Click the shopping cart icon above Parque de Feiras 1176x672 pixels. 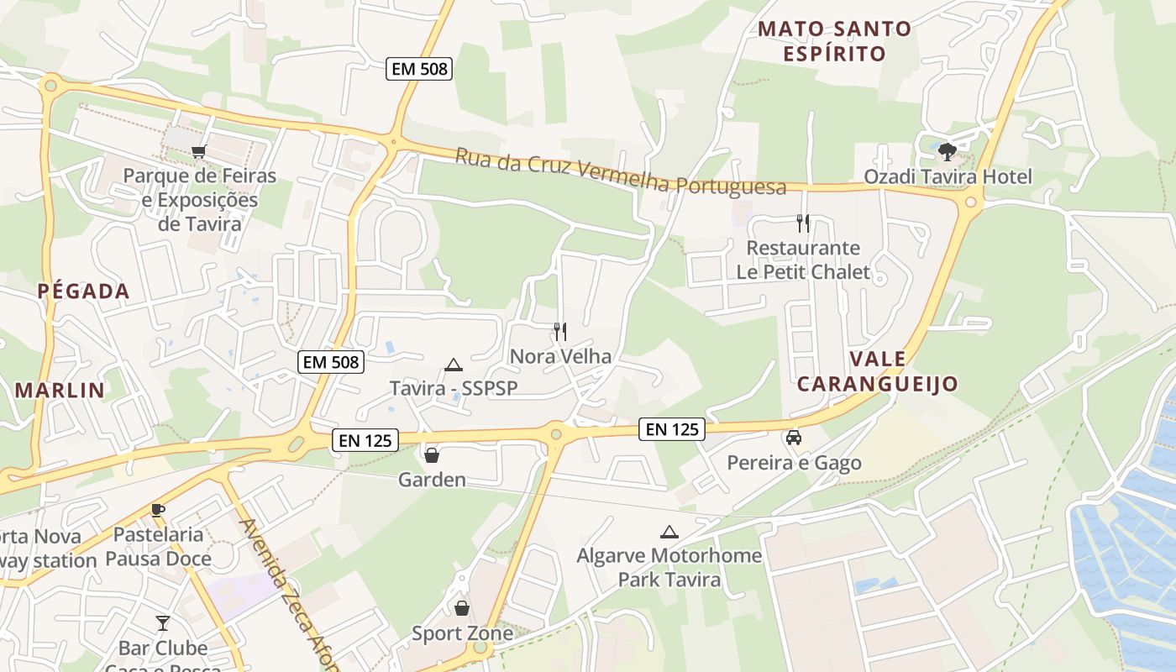click(198, 152)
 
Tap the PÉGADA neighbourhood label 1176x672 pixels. click(83, 291)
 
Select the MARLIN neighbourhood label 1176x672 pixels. click(60, 390)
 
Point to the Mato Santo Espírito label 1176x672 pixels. click(834, 41)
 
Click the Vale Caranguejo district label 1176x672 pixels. click(878, 371)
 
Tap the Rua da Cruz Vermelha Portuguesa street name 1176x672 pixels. click(621, 171)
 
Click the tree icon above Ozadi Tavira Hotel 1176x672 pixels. click(948, 152)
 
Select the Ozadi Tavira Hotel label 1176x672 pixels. click(948, 177)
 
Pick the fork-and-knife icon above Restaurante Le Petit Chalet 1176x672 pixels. click(803, 223)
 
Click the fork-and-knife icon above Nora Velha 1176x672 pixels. click(560, 332)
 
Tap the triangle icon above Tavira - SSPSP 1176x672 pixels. click(454, 365)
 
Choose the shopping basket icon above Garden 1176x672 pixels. click(432, 455)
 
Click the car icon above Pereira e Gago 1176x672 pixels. click(793, 438)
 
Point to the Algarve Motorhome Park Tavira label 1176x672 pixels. click(669, 567)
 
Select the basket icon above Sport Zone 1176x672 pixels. click(462, 608)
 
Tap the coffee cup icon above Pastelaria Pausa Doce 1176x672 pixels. click(158, 510)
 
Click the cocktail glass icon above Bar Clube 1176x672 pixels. click(163, 623)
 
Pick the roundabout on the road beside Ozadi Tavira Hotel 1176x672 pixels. click(971, 202)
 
